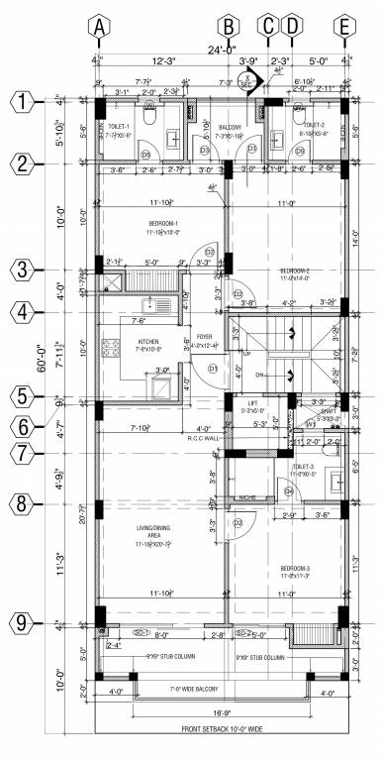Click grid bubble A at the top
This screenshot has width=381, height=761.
pyautogui.click(x=98, y=29)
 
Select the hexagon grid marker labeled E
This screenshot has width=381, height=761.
pyautogui.click(x=344, y=29)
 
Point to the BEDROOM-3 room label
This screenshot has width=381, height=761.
pyautogui.click(x=295, y=569)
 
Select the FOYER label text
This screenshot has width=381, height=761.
pyautogui.click(x=204, y=336)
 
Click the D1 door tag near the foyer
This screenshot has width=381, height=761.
pyautogui.click(x=212, y=370)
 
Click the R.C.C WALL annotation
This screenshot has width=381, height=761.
pyautogui.click(x=202, y=437)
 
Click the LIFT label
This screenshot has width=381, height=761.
pyautogui.click(x=251, y=403)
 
